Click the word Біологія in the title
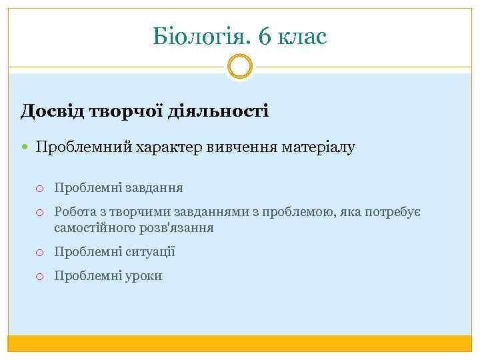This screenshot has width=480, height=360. tap(199, 37)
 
